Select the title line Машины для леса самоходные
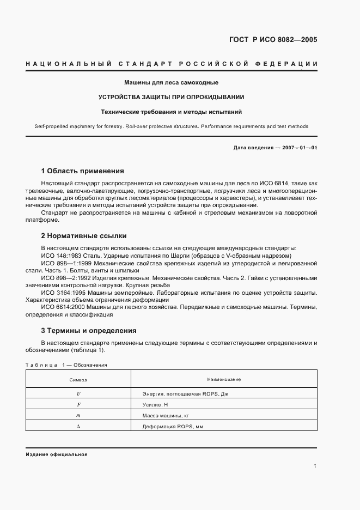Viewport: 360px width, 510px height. click(171, 83)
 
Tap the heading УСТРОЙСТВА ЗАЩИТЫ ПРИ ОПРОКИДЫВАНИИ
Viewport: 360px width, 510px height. click(171, 97)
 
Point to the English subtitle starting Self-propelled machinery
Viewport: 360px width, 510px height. click(171, 126)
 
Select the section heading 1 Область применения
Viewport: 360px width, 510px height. click(83, 171)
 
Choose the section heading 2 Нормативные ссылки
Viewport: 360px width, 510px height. click(84, 236)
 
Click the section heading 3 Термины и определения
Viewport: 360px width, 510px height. click(89, 330)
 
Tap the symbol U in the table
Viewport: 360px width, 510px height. click(78, 393)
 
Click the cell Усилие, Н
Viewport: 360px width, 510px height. click(152, 405)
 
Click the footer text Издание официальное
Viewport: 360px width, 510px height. click(57, 454)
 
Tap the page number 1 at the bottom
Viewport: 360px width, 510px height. click(315, 466)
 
